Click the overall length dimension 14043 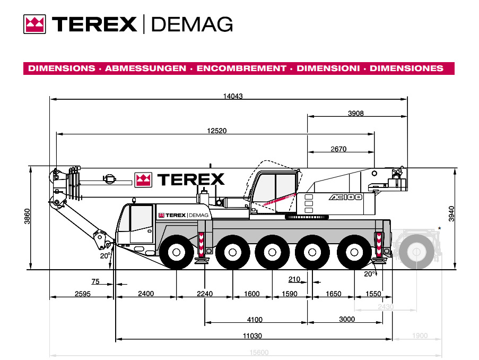[x=233, y=96]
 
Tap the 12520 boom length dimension [x=217, y=131]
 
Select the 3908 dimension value [x=356, y=114]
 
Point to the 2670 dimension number [x=338, y=149]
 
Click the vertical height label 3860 [x=27, y=216]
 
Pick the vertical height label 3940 [x=451, y=214]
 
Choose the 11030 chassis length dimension [x=252, y=336]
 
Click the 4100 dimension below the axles [x=255, y=320]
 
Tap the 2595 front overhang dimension [x=82, y=294]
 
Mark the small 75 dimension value [x=95, y=281]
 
